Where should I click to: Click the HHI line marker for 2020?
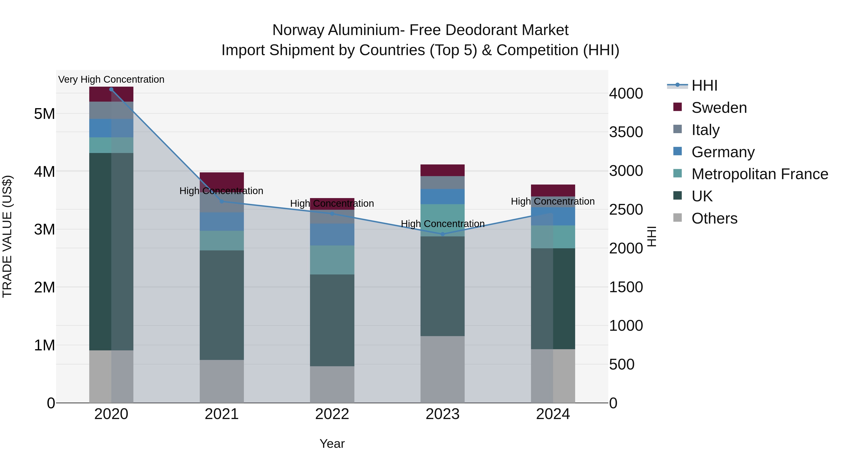tap(111, 89)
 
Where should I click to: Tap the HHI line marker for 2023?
tap(442, 234)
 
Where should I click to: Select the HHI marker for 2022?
tap(332, 214)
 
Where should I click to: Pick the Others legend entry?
tap(714, 218)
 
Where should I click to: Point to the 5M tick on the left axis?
tap(44, 114)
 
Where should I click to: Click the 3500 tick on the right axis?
tap(626, 132)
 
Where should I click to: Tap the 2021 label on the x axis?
tap(222, 414)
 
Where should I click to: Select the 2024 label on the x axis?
tap(553, 414)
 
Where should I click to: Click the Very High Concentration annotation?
tap(111, 79)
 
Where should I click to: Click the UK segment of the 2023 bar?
tap(442, 286)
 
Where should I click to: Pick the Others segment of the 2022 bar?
tap(332, 384)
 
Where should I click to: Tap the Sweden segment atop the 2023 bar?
tap(442, 170)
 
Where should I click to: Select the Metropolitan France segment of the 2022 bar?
tap(332, 260)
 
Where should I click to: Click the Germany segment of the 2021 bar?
tap(222, 222)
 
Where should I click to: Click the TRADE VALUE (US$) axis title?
tap(7, 236)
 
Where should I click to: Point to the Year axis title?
tap(332, 444)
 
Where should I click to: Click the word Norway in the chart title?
tap(298, 30)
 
